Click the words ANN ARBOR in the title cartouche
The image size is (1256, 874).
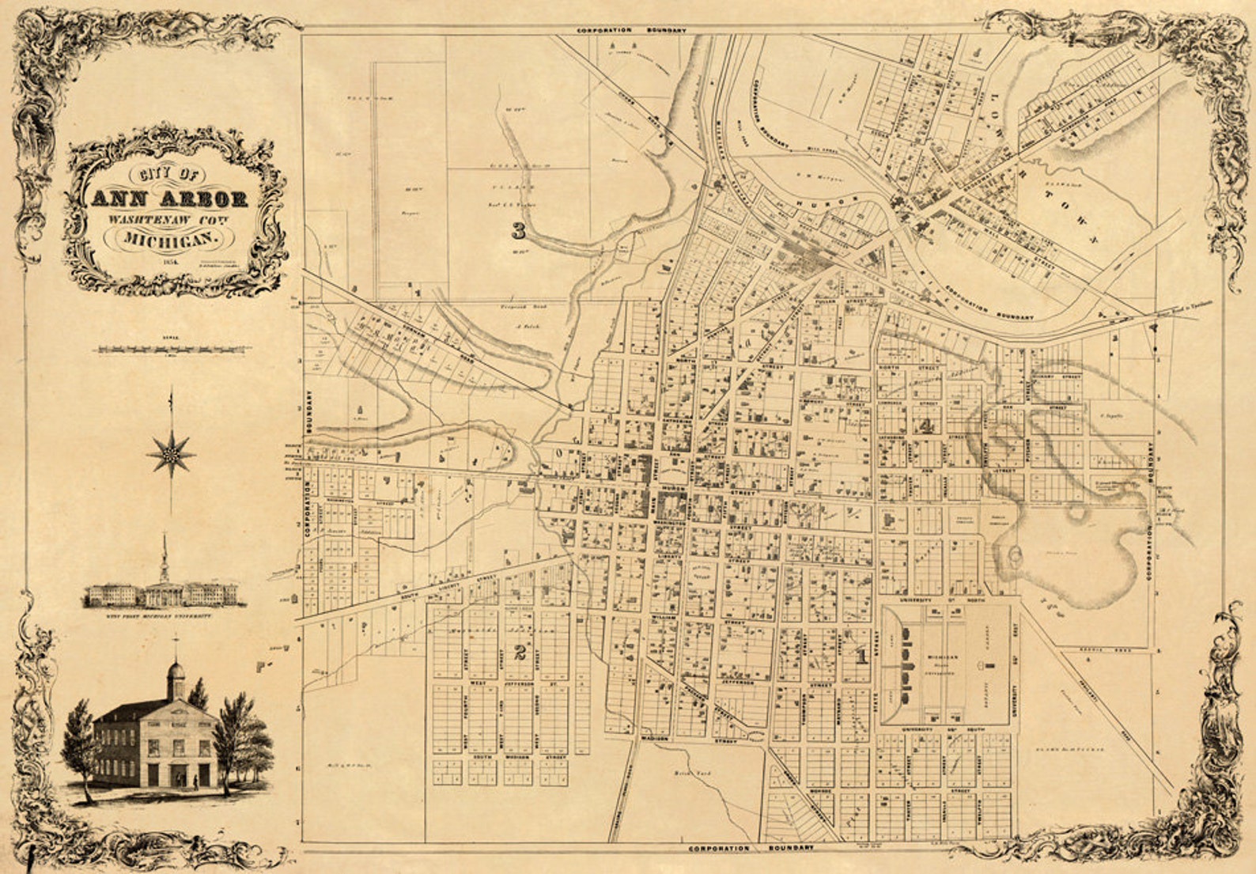[x=169, y=199]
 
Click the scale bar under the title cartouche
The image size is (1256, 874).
[x=173, y=349]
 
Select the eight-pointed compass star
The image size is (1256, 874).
[x=170, y=454]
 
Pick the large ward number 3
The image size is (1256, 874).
[x=518, y=231]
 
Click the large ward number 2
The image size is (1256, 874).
[x=520, y=653]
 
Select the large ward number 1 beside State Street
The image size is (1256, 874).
[x=861, y=655]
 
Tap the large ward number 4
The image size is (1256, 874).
[x=927, y=426]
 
